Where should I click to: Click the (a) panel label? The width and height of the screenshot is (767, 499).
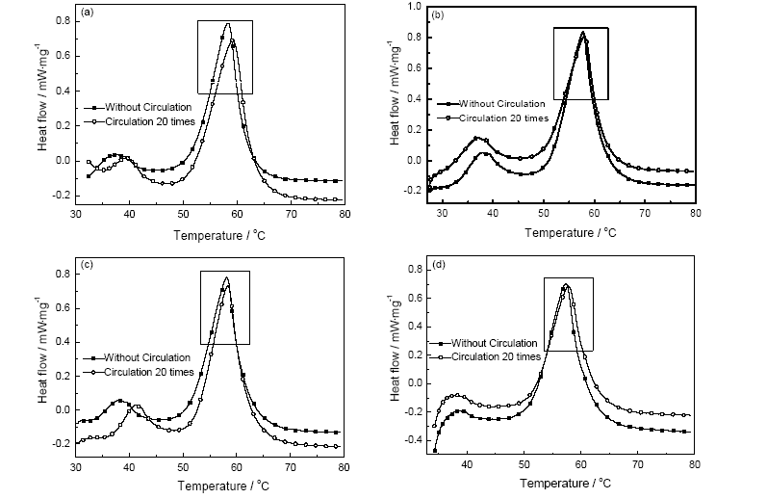pos(88,13)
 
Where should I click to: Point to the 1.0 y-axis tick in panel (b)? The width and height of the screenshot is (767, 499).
pos(417,6)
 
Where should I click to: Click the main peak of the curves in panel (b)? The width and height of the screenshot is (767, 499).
pos(582,32)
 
